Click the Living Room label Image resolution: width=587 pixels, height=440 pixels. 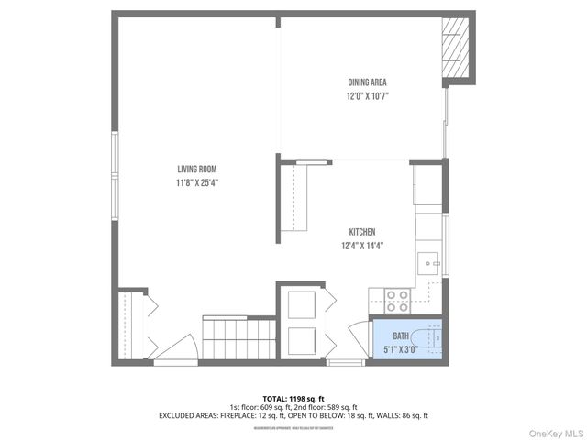[x=197, y=169]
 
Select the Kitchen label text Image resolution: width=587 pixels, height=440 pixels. [x=361, y=232]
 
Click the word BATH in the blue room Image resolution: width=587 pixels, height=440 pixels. [x=401, y=336]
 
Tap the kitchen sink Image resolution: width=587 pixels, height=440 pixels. [x=429, y=264]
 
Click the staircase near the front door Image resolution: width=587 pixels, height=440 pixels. [x=238, y=340]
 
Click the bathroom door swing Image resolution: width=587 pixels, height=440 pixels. [x=359, y=335]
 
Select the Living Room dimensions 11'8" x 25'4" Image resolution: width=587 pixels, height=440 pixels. [x=197, y=182]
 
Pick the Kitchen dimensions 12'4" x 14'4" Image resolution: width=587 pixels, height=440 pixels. [x=361, y=245]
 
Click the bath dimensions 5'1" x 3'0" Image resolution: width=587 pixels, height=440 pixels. [x=401, y=349]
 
